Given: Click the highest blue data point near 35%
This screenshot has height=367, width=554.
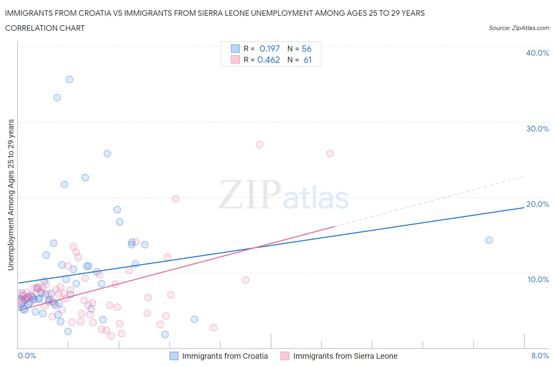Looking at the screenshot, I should (x=69, y=79).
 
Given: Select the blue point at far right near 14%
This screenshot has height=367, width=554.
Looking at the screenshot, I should (x=489, y=240).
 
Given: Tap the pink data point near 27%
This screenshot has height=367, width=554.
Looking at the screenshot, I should (x=259, y=144).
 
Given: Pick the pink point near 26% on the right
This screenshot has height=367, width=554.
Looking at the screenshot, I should (x=330, y=153).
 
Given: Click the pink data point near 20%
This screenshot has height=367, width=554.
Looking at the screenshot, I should (x=176, y=198).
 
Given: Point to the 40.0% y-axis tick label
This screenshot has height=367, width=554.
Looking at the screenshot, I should (x=537, y=53).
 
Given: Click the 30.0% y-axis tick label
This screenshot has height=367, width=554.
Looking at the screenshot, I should (x=537, y=129).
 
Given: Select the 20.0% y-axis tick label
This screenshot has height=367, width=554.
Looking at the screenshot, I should (x=537, y=204).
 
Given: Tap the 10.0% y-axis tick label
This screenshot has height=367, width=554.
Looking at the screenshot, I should (x=538, y=279).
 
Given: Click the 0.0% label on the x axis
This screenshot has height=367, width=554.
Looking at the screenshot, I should (x=27, y=356).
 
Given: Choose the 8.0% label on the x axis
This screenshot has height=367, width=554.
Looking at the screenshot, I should (x=540, y=356).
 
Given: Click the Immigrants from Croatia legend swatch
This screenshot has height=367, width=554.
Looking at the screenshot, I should (x=174, y=356).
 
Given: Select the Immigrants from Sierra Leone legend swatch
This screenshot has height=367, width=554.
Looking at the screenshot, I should (x=285, y=356).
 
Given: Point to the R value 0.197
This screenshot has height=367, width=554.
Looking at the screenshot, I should (x=270, y=49).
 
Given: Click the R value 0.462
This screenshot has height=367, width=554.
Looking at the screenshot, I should (x=269, y=60).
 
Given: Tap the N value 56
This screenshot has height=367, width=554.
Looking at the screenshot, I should (x=307, y=49).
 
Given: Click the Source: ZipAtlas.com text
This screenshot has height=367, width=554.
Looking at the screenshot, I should (x=519, y=28).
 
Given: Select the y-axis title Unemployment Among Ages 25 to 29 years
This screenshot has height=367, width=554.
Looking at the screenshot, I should (x=11, y=195).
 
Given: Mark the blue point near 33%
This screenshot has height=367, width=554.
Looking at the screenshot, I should (x=57, y=97).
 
